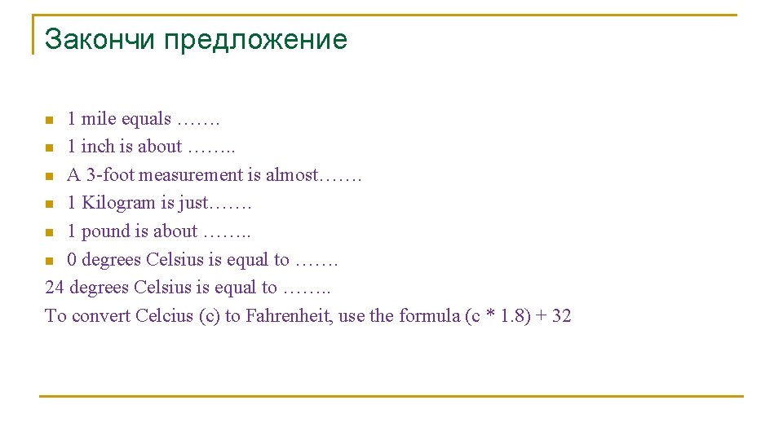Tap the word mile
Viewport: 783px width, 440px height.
(99, 119)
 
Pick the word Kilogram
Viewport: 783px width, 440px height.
(118, 203)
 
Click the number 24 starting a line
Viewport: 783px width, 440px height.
(55, 288)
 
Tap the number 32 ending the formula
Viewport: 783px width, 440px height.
(561, 315)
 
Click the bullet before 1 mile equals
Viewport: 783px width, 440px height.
(49, 121)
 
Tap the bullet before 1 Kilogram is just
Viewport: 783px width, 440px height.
(49, 205)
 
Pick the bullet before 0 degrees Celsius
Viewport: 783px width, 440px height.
(49, 261)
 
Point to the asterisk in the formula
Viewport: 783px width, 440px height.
(490, 315)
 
